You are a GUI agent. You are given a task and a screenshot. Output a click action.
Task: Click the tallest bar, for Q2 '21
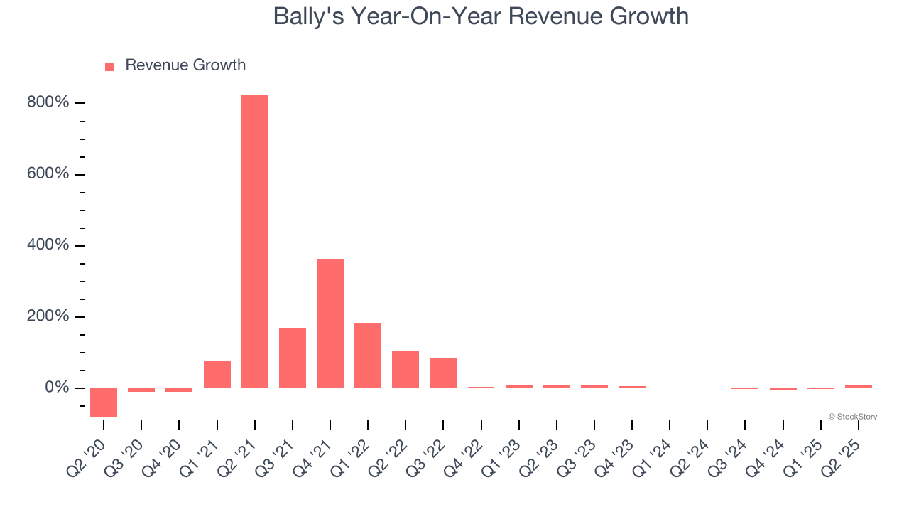255,241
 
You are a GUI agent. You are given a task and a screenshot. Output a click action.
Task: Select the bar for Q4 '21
330,324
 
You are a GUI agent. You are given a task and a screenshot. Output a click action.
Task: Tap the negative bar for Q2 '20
104,402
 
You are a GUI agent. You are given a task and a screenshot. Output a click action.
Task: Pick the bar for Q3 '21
293,358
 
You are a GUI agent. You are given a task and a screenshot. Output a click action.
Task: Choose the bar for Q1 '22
368,356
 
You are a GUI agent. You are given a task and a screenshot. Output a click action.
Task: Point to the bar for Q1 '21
217,375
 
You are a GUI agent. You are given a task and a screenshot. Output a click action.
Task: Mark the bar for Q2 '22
405,369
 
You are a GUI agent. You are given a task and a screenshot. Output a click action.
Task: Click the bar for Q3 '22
443,373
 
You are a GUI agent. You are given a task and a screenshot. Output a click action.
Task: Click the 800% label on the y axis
48,103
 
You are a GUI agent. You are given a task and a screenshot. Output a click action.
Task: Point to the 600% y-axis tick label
48,174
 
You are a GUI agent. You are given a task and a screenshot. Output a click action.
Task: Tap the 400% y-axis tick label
48,245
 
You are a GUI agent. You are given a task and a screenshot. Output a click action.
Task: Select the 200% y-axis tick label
48,316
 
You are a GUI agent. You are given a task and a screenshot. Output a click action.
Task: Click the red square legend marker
109,67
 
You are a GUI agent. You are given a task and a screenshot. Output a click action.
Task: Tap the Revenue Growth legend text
185,65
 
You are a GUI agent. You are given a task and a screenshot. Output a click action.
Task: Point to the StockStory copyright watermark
852,417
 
